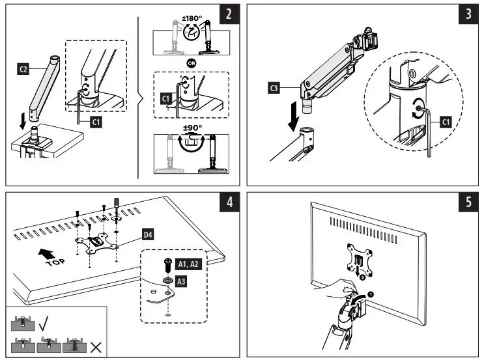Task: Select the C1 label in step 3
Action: click(x=445, y=121)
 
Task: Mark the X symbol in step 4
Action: click(x=96, y=346)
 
